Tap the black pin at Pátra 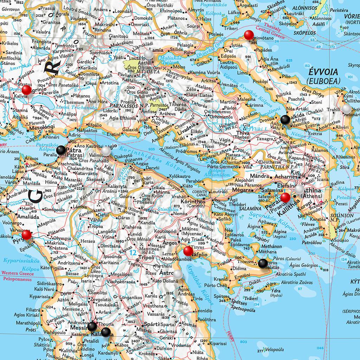[x=61, y=150]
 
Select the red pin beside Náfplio [x=188, y=251]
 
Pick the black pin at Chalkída [x=286, y=120]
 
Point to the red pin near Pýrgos [x=26, y=235]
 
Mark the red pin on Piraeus [x=285, y=197]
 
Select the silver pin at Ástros [x=178, y=274]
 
